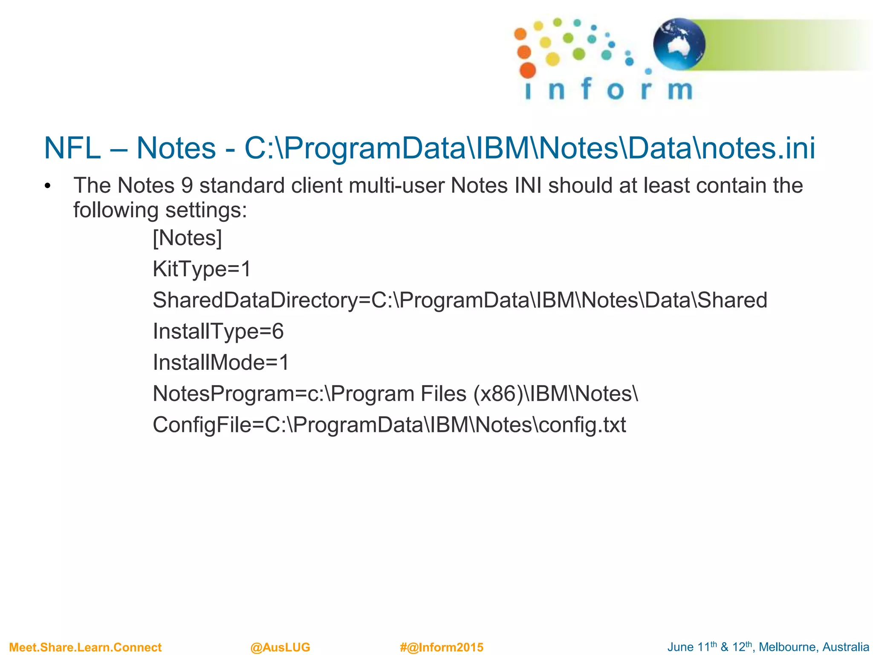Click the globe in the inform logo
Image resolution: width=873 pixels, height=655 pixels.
point(679,44)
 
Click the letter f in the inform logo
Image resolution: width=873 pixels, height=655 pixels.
point(586,89)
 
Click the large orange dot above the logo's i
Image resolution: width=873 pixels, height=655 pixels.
point(528,70)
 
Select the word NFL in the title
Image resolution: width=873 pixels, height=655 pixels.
point(72,148)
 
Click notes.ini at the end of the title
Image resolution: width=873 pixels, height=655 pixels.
point(758,148)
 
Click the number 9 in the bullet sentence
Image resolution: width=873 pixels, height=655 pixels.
point(187,185)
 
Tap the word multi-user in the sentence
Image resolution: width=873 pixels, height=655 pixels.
point(396,185)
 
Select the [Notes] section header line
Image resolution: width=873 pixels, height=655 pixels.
point(188,238)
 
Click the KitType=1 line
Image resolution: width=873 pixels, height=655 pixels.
point(202,269)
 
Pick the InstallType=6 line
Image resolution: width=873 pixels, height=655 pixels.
point(218,331)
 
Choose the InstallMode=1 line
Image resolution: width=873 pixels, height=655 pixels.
point(221,362)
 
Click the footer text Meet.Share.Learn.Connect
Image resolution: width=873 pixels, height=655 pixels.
point(85,647)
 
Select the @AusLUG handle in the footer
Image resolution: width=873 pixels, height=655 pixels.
point(280,647)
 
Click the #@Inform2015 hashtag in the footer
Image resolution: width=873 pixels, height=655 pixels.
point(442,647)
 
